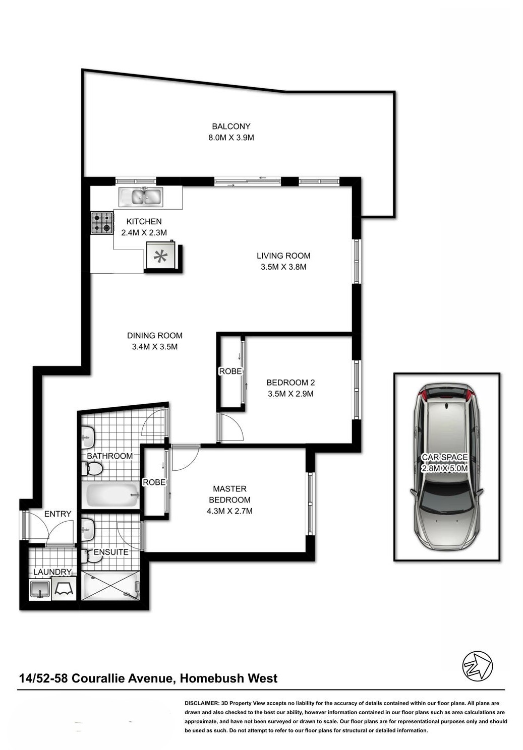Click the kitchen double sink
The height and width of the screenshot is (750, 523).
point(141,197)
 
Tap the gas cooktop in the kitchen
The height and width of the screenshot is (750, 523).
point(102,223)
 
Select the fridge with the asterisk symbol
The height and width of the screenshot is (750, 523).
point(161,255)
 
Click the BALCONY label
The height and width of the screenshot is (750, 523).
point(231,126)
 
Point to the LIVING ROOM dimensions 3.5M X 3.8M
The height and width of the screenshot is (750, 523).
point(283,267)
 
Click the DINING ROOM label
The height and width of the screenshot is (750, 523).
point(155,336)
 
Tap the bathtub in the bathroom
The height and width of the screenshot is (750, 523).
point(112,495)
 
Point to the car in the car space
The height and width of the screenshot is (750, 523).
point(447,467)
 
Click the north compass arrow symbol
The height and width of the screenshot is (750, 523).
point(478,666)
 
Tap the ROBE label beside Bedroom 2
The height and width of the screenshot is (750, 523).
point(230,371)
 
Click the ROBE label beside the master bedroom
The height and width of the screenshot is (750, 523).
point(154,482)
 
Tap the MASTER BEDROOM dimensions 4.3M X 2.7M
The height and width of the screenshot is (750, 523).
point(229,511)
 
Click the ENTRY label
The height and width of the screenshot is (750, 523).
point(57,514)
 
